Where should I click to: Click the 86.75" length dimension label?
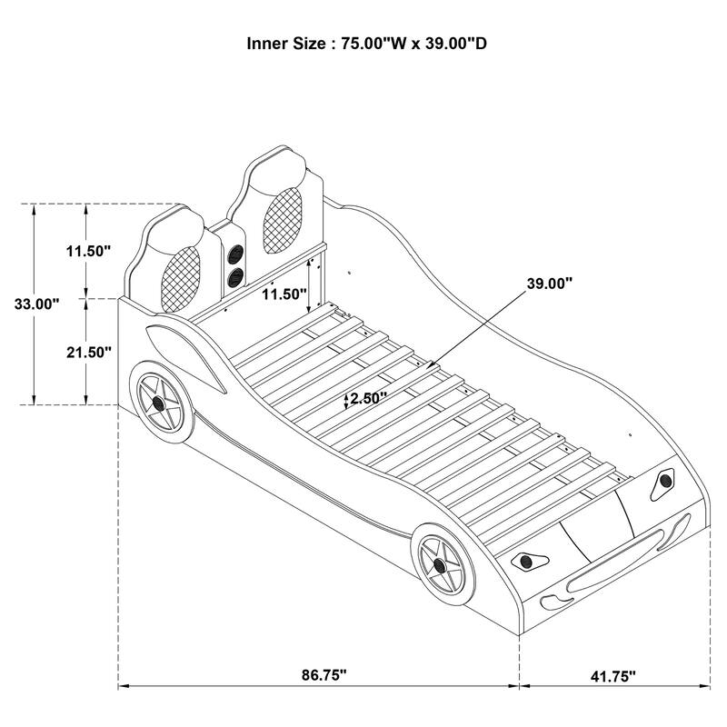pyautogui.click(x=324, y=675)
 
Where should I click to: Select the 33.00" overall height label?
pyautogui.click(x=36, y=304)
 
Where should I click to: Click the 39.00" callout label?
pyautogui.click(x=549, y=284)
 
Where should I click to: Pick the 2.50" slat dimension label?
pyautogui.click(x=368, y=397)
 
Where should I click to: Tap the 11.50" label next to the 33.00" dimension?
pyautogui.click(x=88, y=250)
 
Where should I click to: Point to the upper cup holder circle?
pyautogui.click(x=235, y=254)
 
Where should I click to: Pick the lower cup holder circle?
pyautogui.click(x=235, y=276)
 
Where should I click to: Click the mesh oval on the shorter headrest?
pyautogui.click(x=179, y=276)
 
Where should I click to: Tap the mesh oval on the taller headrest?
pyautogui.click(x=281, y=219)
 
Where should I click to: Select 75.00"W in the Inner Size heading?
pyautogui.click(x=373, y=43)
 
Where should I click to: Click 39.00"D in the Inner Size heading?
pyautogui.click(x=452, y=43)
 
